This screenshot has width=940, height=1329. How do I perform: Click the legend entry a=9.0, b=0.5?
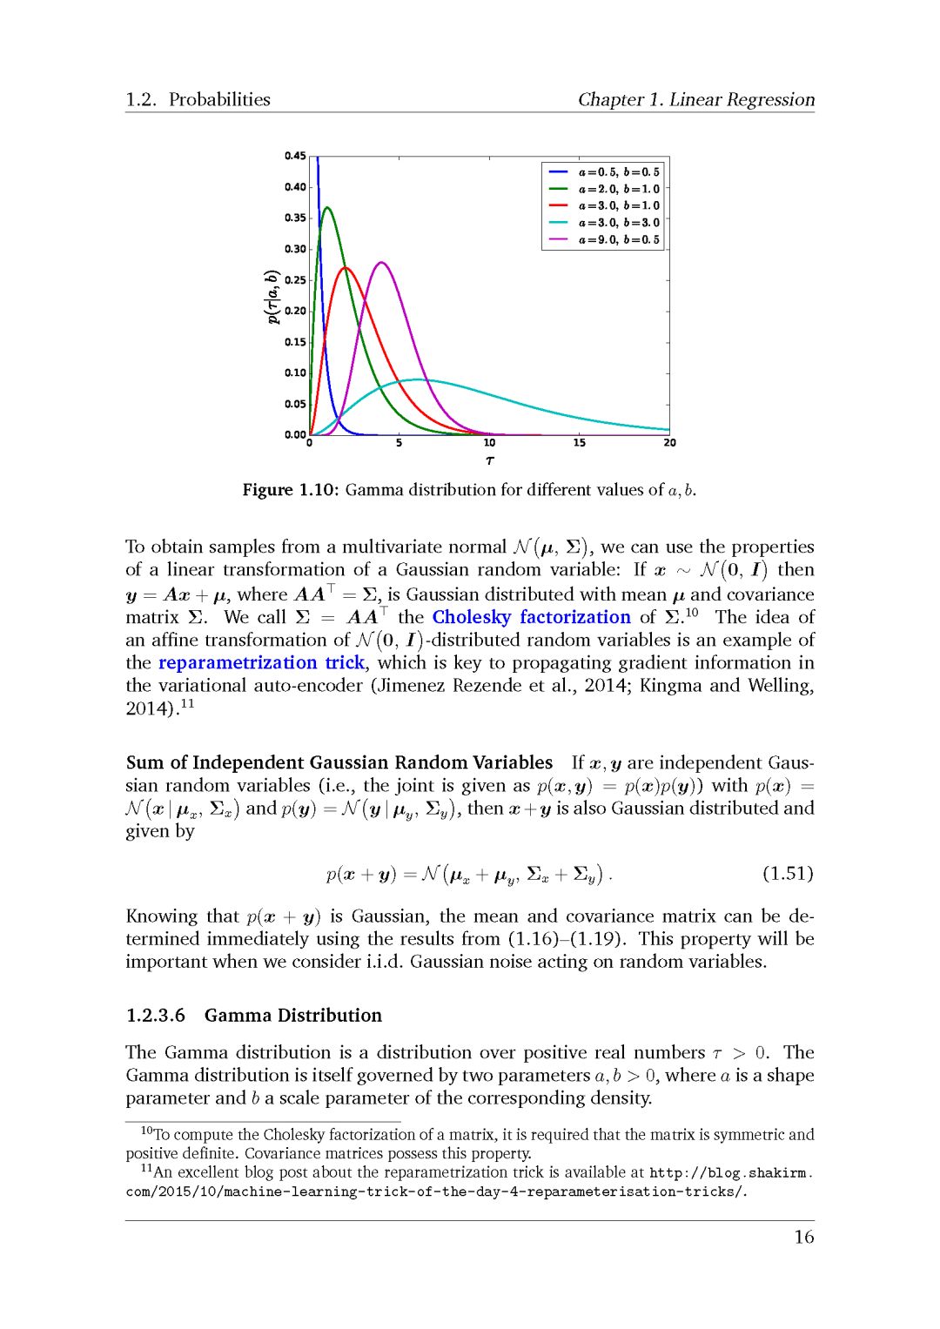619,239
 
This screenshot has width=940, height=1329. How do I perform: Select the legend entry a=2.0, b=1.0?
619,189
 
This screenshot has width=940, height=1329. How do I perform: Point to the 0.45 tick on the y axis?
295,157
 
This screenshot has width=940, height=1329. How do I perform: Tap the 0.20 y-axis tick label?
295,311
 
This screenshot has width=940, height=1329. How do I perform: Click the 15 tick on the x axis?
580,443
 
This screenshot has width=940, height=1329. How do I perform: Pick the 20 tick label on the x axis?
669,443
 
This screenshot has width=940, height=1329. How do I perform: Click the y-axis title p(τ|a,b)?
272,297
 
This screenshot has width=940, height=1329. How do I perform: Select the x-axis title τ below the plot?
489,460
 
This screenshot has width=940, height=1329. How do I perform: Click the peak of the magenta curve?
381,262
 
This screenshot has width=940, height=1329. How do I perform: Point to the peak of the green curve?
327,207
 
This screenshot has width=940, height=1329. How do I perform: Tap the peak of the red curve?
346,268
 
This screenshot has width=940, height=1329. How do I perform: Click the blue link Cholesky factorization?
531,617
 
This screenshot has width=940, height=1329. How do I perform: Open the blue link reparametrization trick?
261,662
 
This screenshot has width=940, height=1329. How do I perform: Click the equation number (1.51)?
787,873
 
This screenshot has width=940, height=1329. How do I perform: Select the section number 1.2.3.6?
156,1015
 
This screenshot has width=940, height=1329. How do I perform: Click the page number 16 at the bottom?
803,1237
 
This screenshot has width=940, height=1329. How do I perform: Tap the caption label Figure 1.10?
289,490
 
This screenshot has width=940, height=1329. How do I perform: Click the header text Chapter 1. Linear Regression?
696,99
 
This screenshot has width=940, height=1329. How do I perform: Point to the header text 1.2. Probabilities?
198,99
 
